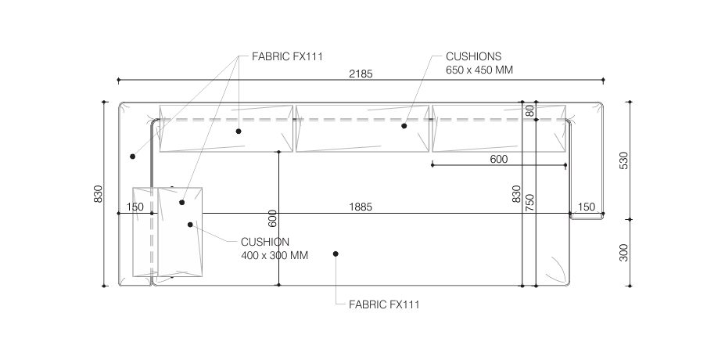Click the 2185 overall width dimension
(361, 74)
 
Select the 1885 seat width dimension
(361, 207)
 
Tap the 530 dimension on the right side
(624, 160)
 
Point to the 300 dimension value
(624, 253)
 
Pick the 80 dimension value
(530, 110)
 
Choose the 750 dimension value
(530, 203)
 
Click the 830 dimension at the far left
(98, 193)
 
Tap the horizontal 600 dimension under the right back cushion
(499, 159)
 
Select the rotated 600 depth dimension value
(273, 218)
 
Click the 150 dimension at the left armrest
(135, 207)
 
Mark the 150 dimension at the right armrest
(587, 207)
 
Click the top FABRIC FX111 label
(287, 56)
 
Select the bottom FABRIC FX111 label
(384, 304)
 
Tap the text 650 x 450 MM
(479, 70)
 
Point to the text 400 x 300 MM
(275, 255)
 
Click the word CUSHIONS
(473, 56)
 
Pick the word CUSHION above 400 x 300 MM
(265, 242)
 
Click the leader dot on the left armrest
(133, 157)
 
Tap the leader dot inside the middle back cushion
(404, 125)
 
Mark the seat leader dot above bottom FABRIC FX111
(336, 254)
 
